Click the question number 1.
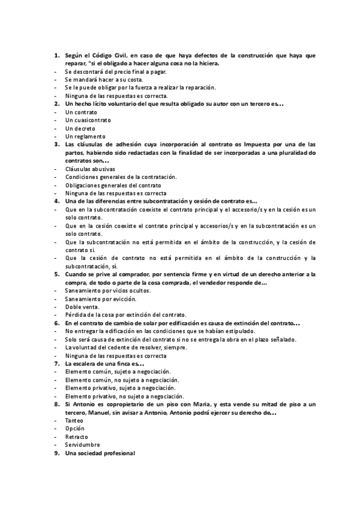point(56,56)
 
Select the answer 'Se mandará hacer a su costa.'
point(104,80)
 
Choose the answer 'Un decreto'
point(80,128)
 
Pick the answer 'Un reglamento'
point(84,136)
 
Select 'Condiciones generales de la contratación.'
point(121,177)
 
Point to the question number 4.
point(56,201)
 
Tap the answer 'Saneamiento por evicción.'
point(101,298)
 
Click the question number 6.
point(56,323)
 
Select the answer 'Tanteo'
point(75,420)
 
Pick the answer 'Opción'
point(76,429)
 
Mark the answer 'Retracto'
point(77,436)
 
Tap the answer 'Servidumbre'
point(83,445)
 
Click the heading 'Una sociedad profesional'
point(100,453)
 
